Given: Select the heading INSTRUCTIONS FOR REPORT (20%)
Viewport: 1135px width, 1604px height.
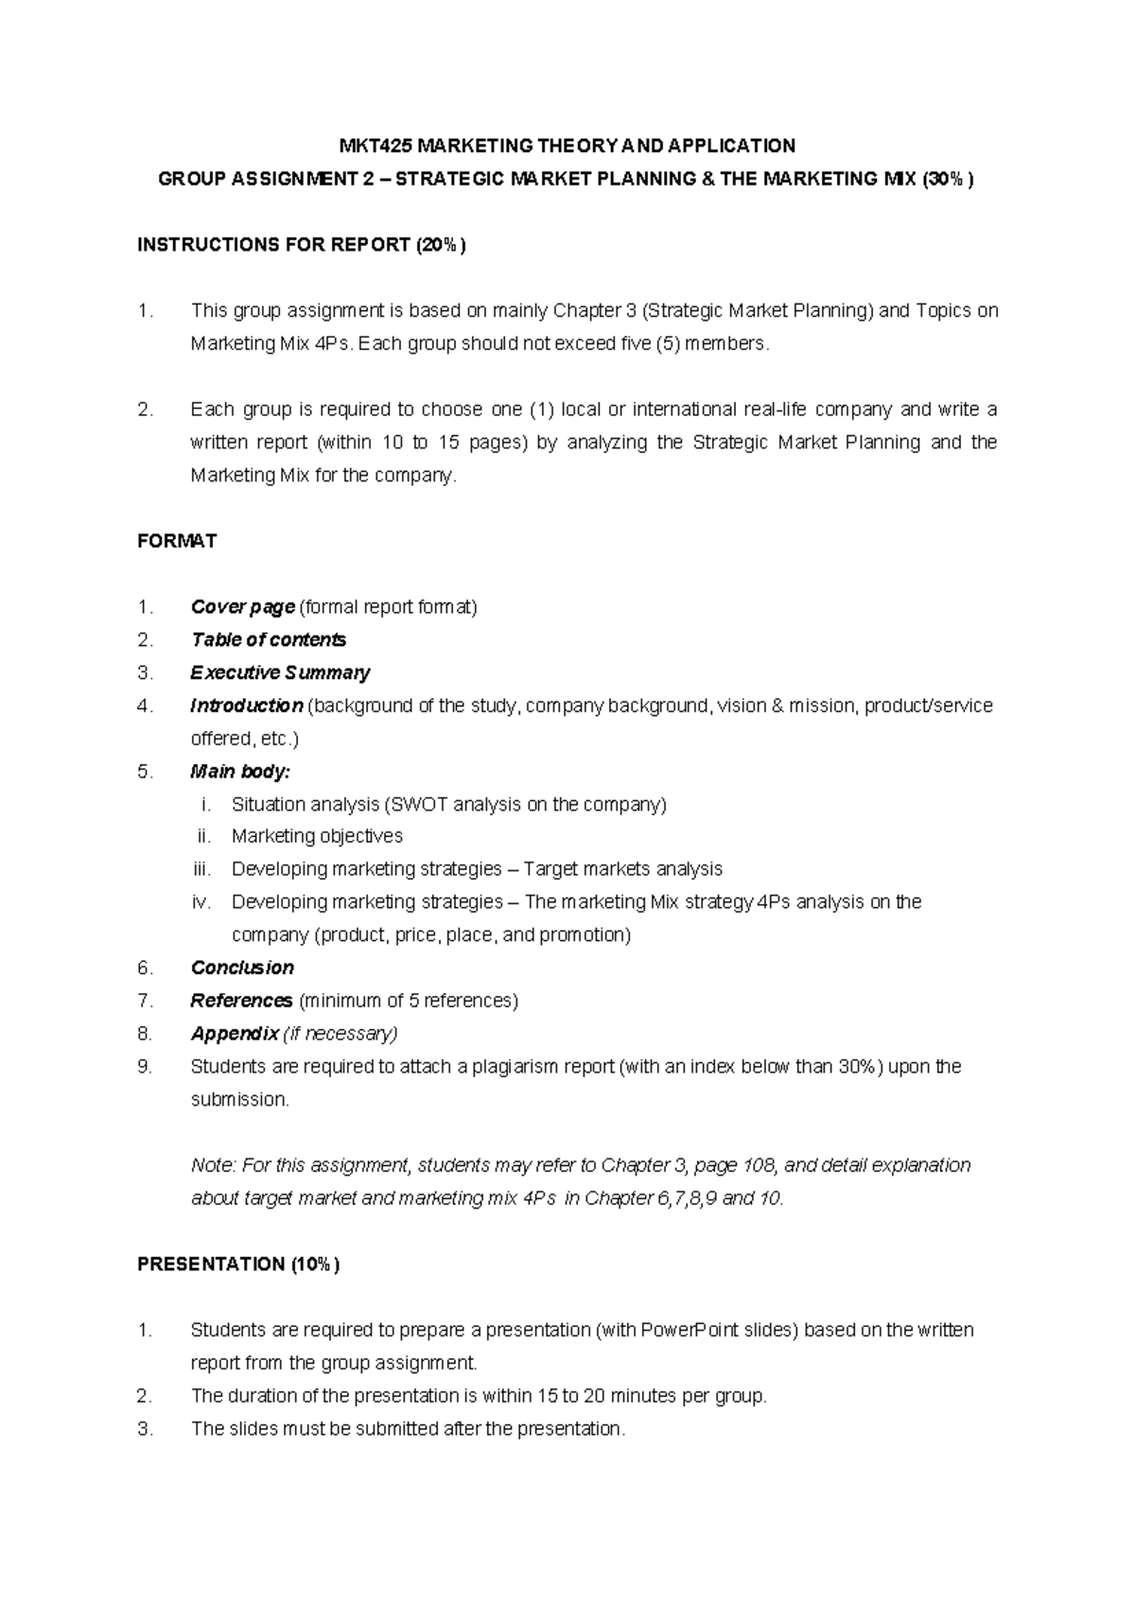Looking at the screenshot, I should (301, 245).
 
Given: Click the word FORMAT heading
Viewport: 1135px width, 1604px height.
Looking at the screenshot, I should (177, 541).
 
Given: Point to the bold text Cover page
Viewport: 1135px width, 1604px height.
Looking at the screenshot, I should (242, 607).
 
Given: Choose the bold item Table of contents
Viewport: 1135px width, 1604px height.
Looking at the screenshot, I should (268, 640).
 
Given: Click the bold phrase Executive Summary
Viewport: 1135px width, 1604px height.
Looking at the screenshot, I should (279, 672).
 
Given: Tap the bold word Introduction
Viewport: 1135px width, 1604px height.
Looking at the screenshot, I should (246, 706).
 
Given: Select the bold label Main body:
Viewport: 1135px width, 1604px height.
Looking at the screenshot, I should (239, 772).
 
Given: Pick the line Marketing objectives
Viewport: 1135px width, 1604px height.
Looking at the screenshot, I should (317, 836).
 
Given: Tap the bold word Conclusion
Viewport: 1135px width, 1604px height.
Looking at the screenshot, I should (242, 968).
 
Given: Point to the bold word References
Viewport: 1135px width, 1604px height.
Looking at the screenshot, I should (241, 1001).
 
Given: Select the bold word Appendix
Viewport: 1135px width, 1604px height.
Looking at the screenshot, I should (235, 1034).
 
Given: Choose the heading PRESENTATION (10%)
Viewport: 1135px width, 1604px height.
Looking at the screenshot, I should (237, 1264).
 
